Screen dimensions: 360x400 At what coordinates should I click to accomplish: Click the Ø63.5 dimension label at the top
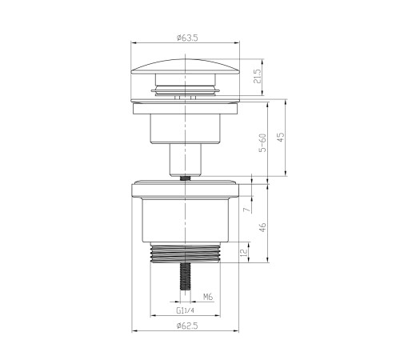[x=185, y=36]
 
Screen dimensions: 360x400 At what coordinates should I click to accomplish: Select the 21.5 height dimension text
[x=256, y=78]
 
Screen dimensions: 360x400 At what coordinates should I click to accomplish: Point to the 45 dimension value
[x=280, y=137]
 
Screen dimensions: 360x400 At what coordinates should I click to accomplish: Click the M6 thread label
[x=207, y=297]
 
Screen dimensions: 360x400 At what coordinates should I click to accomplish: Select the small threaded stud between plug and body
[x=186, y=179]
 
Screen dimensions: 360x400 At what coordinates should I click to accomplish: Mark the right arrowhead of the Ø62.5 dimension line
[x=238, y=332]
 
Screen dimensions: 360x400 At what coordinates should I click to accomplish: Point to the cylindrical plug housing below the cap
[x=186, y=123]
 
